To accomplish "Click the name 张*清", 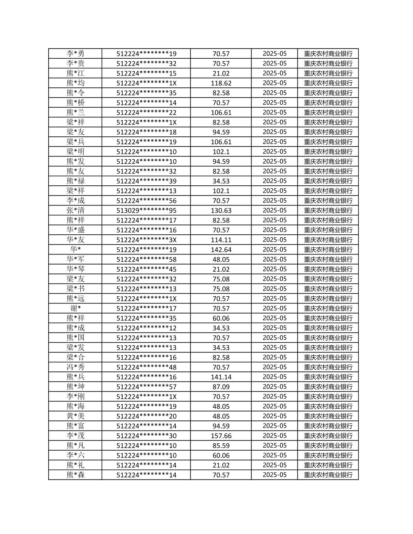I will (x=75, y=210).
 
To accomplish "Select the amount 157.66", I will (x=221, y=436).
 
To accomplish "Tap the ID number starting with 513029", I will (x=146, y=210).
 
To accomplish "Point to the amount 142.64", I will (x=221, y=250).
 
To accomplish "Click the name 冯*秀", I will (x=75, y=367).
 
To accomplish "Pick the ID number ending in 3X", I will (x=146, y=240).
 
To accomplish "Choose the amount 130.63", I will (x=221, y=210).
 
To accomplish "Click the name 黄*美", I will (x=75, y=416).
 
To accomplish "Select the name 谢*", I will (x=75, y=308).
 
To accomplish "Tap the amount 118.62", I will (x=221, y=83).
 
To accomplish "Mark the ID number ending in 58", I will (x=146, y=259).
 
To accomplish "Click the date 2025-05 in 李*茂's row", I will (x=274, y=436).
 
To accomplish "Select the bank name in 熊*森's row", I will (x=328, y=475).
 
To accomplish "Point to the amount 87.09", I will (x=221, y=387).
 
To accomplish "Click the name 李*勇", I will (x=75, y=53).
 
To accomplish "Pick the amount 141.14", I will (x=221, y=377).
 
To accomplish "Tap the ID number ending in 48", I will (x=146, y=367).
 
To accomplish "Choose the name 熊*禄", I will (x=75, y=181).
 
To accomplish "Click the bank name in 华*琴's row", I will (x=328, y=269).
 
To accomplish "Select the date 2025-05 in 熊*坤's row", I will (x=274, y=387).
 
